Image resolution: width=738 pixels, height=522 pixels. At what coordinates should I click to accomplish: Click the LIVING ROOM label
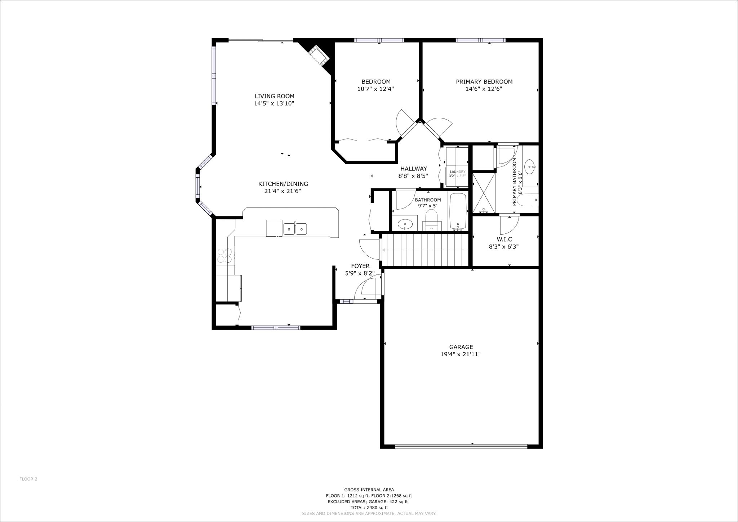point(274,96)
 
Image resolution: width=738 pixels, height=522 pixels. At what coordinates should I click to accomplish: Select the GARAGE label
point(461,347)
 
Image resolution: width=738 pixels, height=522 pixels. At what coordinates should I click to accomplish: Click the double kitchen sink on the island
point(295,229)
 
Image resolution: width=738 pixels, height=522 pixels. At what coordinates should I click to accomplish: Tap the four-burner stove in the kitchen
point(225,255)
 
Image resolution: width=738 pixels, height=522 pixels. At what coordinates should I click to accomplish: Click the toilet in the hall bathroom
point(431,219)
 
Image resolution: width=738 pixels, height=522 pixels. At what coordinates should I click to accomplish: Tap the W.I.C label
point(504,239)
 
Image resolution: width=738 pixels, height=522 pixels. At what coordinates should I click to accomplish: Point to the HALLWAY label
point(413,169)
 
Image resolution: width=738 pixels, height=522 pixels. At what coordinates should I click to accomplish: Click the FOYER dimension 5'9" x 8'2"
point(360,273)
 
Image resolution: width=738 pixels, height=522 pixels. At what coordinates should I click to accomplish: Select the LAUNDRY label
point(457,172)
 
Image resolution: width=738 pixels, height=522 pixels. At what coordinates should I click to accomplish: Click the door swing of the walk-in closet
point(508,224)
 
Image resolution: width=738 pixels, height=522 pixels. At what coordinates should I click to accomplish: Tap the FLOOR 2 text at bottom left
point(28,479)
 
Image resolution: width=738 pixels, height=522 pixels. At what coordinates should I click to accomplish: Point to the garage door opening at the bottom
point(461,446)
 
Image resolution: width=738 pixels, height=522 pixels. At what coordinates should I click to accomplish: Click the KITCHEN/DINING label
point(283,184)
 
